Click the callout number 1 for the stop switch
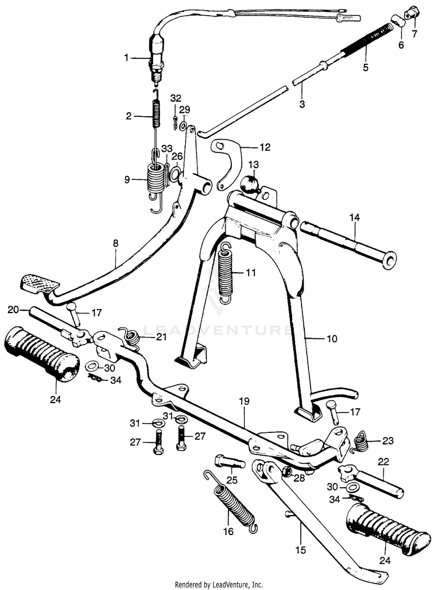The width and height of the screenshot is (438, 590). [x=126, y=57]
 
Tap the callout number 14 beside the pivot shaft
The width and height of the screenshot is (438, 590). [x=355, y=217]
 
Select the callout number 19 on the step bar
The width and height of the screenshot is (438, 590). [x=244, y=401]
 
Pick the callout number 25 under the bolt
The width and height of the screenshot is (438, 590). [x=232, y=480]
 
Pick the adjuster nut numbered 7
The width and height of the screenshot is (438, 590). [x=413, y=11]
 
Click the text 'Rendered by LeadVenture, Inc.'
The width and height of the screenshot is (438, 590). [x=219, y=584]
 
